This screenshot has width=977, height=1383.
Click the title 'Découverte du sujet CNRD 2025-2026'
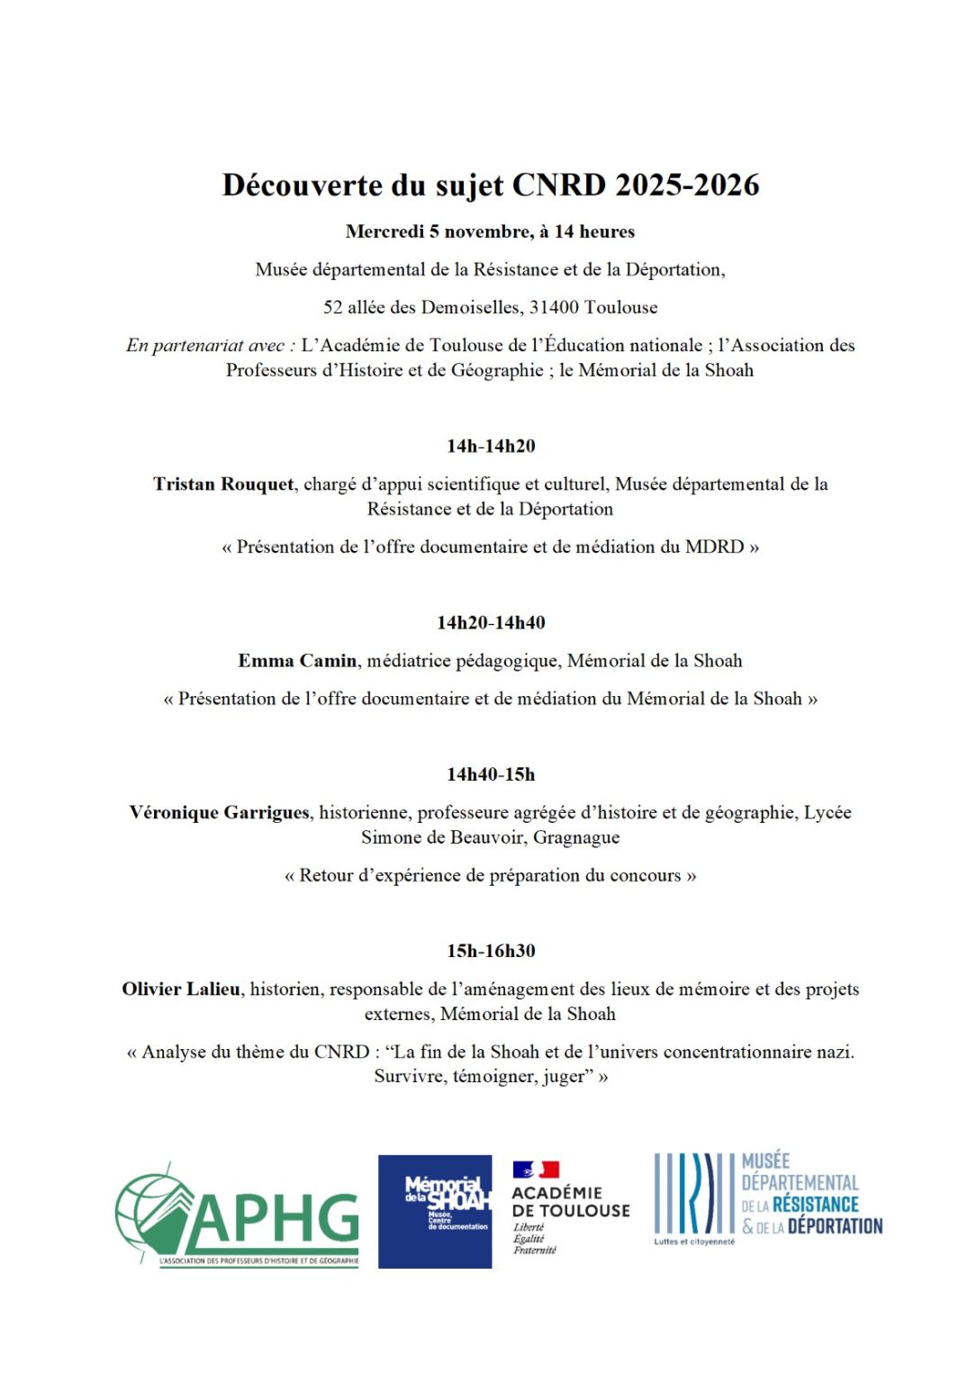click(x=491, y=185)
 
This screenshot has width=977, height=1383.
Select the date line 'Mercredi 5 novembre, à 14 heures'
click(x=490, y=232)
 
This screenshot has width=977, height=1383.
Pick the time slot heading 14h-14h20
click(x=491, y=447)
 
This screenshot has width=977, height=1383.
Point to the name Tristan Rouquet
click(x=223, y=484)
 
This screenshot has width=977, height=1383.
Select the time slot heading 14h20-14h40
click(x=491, y=623)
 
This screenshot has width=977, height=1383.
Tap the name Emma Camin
click(x=297, y=661)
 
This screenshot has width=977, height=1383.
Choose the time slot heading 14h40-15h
click(x=491, y=774)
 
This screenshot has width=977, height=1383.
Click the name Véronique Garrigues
click(x=220, y=813)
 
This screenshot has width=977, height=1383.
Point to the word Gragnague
click(x=576, y=838)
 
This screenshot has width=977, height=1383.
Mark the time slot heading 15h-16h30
click(x=491, y=952)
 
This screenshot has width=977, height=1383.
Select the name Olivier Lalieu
click(x=181, y=990)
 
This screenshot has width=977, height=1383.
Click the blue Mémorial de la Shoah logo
click(x=435, y=1212)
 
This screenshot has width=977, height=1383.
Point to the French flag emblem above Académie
click(x=537, y=1170)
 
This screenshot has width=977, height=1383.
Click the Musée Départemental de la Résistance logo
click(x=768, y=1198)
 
